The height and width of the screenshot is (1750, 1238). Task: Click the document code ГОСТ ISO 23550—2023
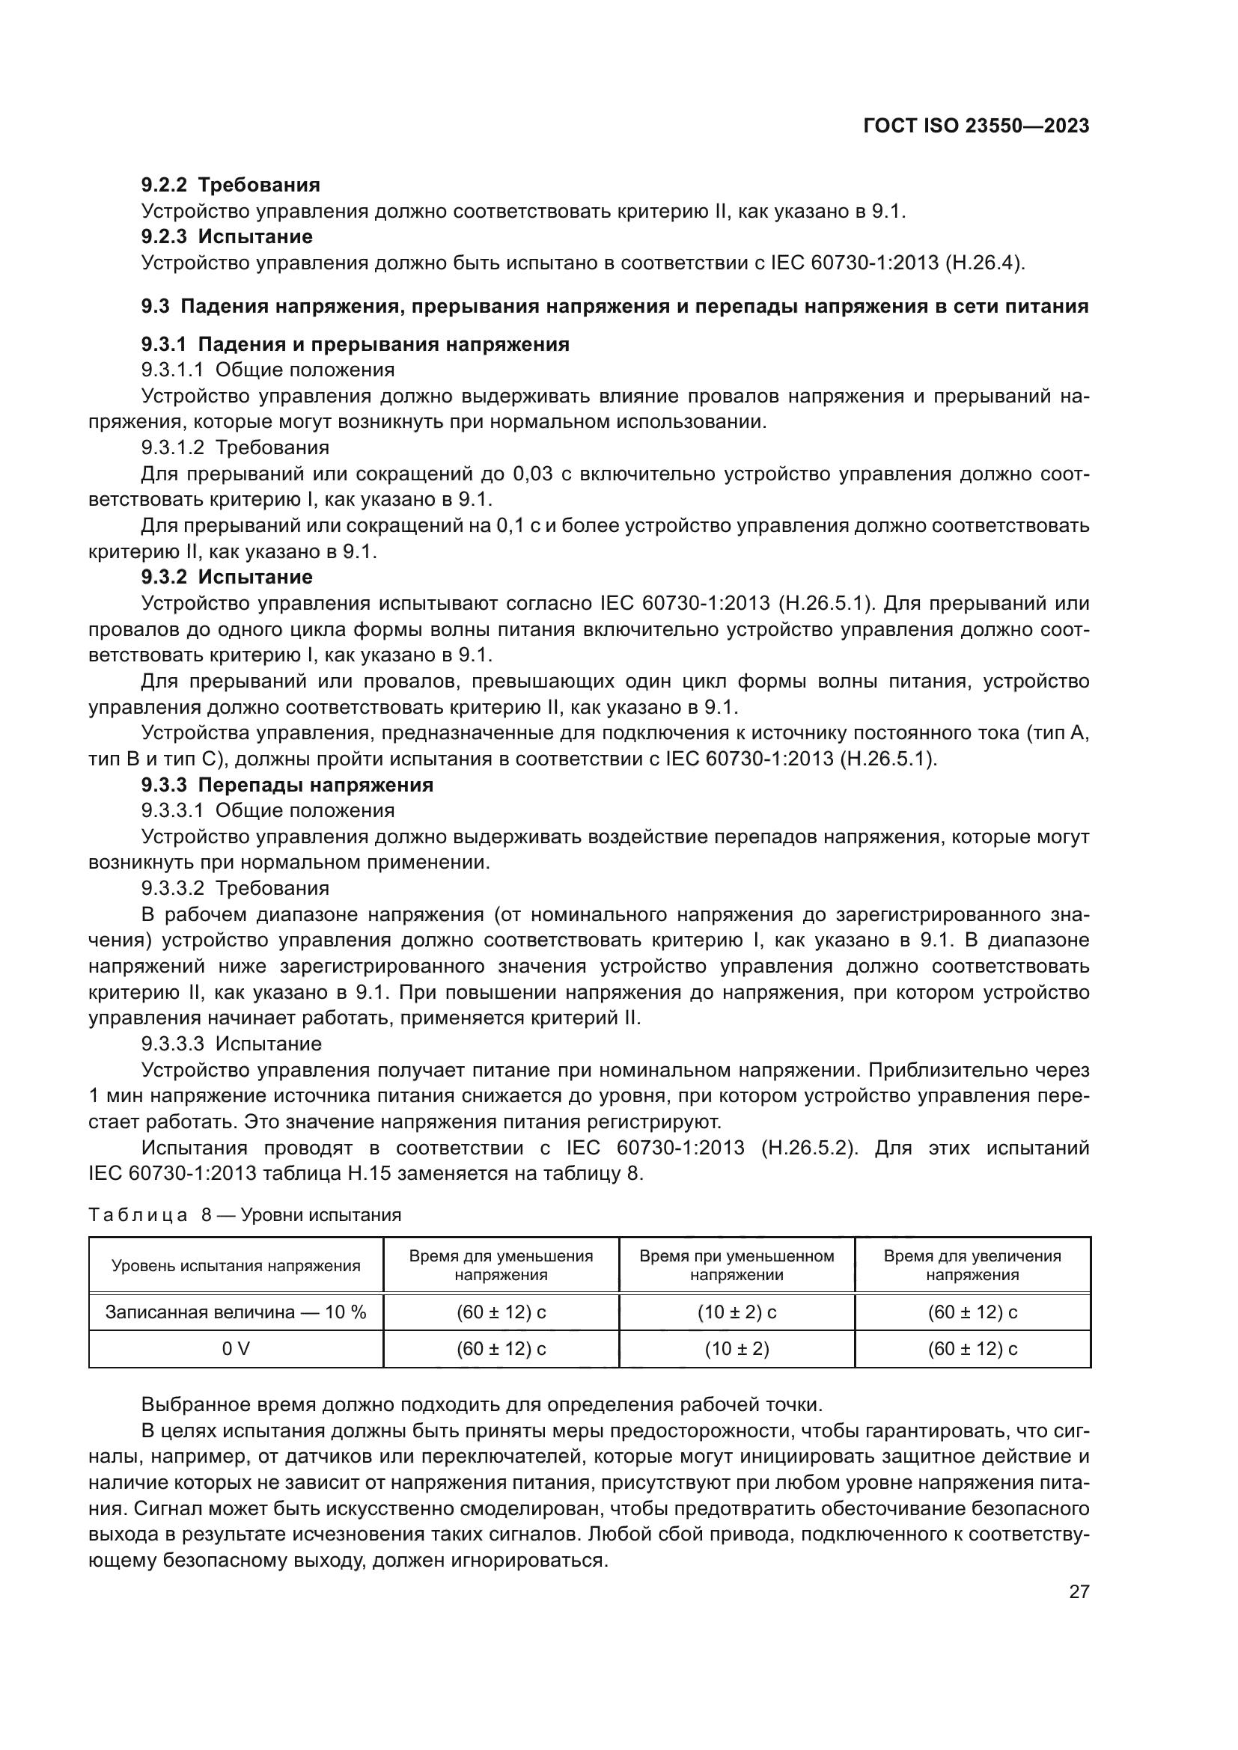click(x=976, y=126)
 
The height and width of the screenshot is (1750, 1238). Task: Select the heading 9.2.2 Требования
click(x=231, y=185)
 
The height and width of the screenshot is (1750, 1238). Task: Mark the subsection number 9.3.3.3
click(x=172, y=1044)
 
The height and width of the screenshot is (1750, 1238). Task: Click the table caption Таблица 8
click(x=148, y=1214)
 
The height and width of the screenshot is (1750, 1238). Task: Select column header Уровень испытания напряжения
click(x=236, y=1266)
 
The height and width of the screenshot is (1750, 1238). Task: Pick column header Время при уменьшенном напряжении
click(x=737, y=1266)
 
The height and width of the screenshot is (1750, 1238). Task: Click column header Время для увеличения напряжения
click(x=972, y=1266)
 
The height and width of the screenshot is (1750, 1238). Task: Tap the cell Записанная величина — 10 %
click(x=236, y=1312)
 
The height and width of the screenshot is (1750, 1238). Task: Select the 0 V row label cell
click(x=236, y=1348)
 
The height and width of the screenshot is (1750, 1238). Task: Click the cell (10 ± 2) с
click(x=737, y=1312)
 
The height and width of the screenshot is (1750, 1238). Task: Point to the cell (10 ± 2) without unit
click(x=737, y=1348)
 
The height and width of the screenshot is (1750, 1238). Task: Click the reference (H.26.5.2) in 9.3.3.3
click(x=809, y=1147)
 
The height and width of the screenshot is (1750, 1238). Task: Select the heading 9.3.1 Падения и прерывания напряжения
click(x=355, y=344)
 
